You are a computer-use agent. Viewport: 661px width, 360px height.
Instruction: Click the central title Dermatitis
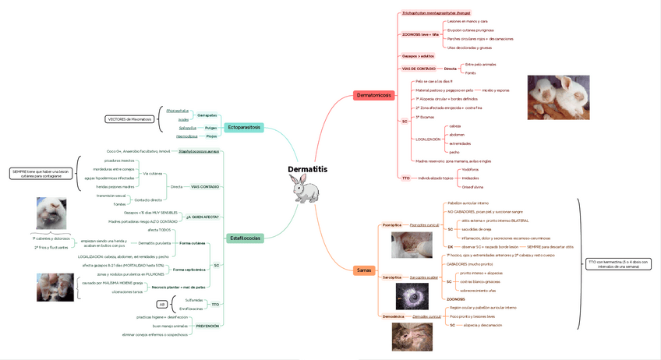tap(307, 168)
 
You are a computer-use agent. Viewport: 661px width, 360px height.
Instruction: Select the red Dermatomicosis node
tap(373, 95)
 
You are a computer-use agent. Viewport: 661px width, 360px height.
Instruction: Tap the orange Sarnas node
tap(364, 270)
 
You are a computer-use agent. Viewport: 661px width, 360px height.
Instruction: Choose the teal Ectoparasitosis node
tap(245, 127)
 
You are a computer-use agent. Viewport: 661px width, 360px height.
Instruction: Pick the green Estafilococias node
tap(246, 238)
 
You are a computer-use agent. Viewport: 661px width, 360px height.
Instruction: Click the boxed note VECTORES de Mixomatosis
tap(129, 119)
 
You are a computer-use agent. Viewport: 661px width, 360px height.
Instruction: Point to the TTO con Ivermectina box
tap(618, 263)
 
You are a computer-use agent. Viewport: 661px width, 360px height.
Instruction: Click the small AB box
tap(162, 305)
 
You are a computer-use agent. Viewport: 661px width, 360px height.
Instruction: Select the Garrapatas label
tap(207, 115)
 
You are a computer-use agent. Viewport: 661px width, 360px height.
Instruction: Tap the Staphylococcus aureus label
tap(199, 151)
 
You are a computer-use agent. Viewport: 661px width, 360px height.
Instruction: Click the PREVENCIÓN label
tap(207, 326)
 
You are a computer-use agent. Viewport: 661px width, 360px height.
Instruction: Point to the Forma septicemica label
tap(189, 270)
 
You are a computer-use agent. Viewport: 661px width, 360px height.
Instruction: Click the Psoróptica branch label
tap(392, 224)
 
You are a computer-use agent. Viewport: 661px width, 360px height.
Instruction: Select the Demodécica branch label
tap(393, 316)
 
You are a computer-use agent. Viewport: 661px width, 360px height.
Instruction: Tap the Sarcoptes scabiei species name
tap(425, 277)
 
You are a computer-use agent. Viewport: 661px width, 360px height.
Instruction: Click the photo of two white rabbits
tap(558, 97)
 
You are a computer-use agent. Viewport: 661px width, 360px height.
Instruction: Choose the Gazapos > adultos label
tap(418, 56)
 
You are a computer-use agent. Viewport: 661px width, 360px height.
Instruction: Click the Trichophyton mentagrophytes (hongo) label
tap(436, 13)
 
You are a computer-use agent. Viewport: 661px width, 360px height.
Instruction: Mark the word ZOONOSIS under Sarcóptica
tap(456, 298)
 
